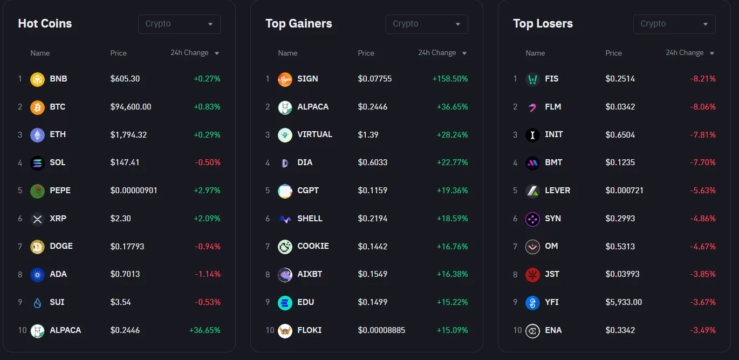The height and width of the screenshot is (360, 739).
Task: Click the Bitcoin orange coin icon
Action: tap(37, 107)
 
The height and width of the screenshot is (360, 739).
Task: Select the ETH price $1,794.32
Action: tap(128, 134)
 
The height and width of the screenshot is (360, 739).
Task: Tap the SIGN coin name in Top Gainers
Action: tap(307, 79)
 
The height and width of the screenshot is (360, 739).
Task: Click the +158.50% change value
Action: tap(450, 79)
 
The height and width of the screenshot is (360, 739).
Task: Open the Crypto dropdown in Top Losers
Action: tap(674, 24)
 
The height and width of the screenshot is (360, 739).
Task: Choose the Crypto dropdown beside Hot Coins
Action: tap(179, 24)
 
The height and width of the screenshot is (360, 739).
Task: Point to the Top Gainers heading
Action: tap(298, 24)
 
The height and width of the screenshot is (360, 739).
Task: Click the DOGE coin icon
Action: tap(37, 247)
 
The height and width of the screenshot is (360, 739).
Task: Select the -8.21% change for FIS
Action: tap(702, 79)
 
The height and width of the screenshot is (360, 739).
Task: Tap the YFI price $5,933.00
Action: tap(624, 302)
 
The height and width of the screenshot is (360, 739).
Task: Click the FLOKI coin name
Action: tap(309, 330)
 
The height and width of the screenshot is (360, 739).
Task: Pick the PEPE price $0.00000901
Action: tap(134, 191)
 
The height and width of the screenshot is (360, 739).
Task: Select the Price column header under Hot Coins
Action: tap(118, 53)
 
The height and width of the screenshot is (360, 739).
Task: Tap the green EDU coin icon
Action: tap(285, 303)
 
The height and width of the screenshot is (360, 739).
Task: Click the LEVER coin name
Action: tap(557, 191)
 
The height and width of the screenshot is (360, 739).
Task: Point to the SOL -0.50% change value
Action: tap(208, 162)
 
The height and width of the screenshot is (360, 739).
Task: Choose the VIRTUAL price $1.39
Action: tap(368, 134)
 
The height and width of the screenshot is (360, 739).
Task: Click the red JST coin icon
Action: tap(532, 275)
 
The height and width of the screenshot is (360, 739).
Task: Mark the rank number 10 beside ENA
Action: tap(517, 330)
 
